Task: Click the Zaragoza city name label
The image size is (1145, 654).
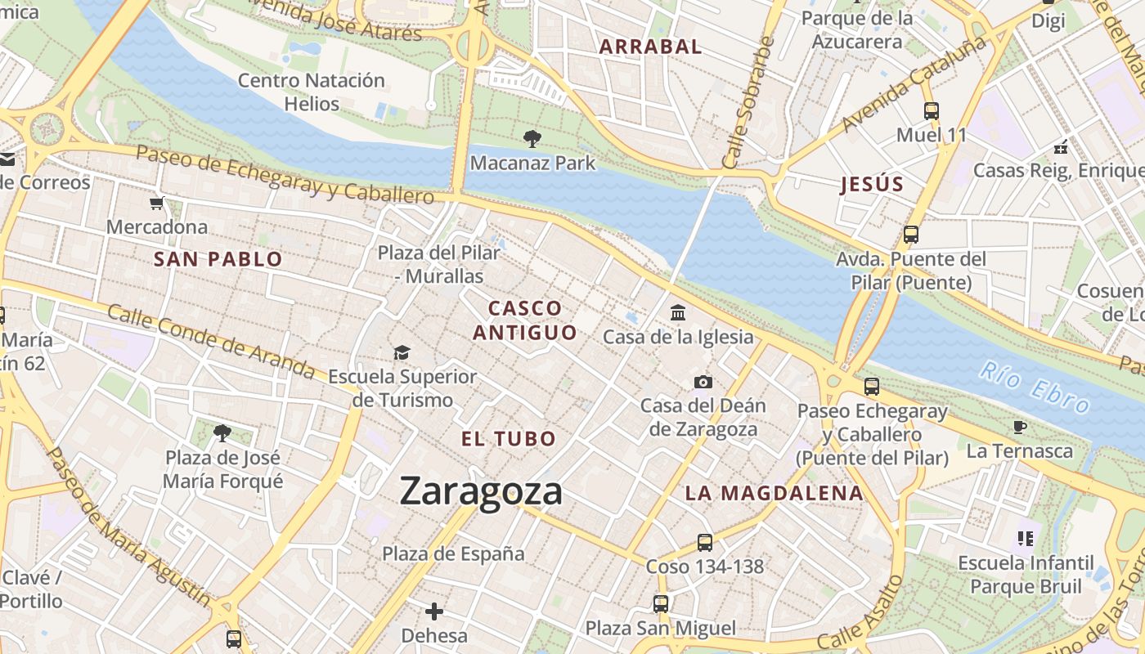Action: coord(481,491)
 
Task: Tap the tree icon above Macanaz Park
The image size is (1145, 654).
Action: coord(532,139)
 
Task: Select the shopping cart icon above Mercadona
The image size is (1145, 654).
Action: coord(156,203)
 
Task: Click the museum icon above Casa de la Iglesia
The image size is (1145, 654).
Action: coord(678,312)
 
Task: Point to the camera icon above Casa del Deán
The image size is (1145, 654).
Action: coord(703,382)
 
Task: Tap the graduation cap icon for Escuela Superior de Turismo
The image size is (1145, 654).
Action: coord(402,352)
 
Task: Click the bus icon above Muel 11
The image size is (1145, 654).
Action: coord(931,111)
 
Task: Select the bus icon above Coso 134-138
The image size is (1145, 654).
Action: coord(704,542)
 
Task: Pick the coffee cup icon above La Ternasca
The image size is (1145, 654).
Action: coord(1019,427)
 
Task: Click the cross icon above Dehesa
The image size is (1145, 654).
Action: coord(434,611)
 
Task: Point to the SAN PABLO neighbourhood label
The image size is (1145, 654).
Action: coord(218,260)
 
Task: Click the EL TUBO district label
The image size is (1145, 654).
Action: coord(509,439)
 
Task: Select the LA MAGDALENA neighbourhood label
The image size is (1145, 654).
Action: coord(774,493)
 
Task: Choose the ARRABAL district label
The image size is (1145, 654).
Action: coord(650,47)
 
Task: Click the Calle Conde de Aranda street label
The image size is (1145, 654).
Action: coord(211,341)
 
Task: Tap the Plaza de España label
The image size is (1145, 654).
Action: coord(453,553)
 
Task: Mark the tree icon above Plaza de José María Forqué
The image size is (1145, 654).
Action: coord(222,432)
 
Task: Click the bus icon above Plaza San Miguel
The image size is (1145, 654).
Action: coord(660,604)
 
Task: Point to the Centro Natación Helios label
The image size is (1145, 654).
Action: coord(312,92)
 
